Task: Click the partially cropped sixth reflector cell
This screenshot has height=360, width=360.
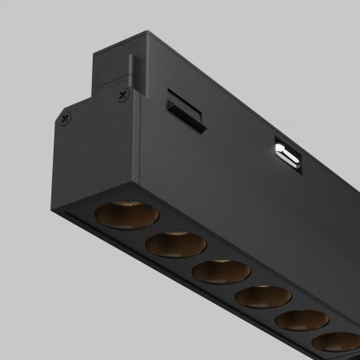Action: pyautogui.click(x=337, y=343)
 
